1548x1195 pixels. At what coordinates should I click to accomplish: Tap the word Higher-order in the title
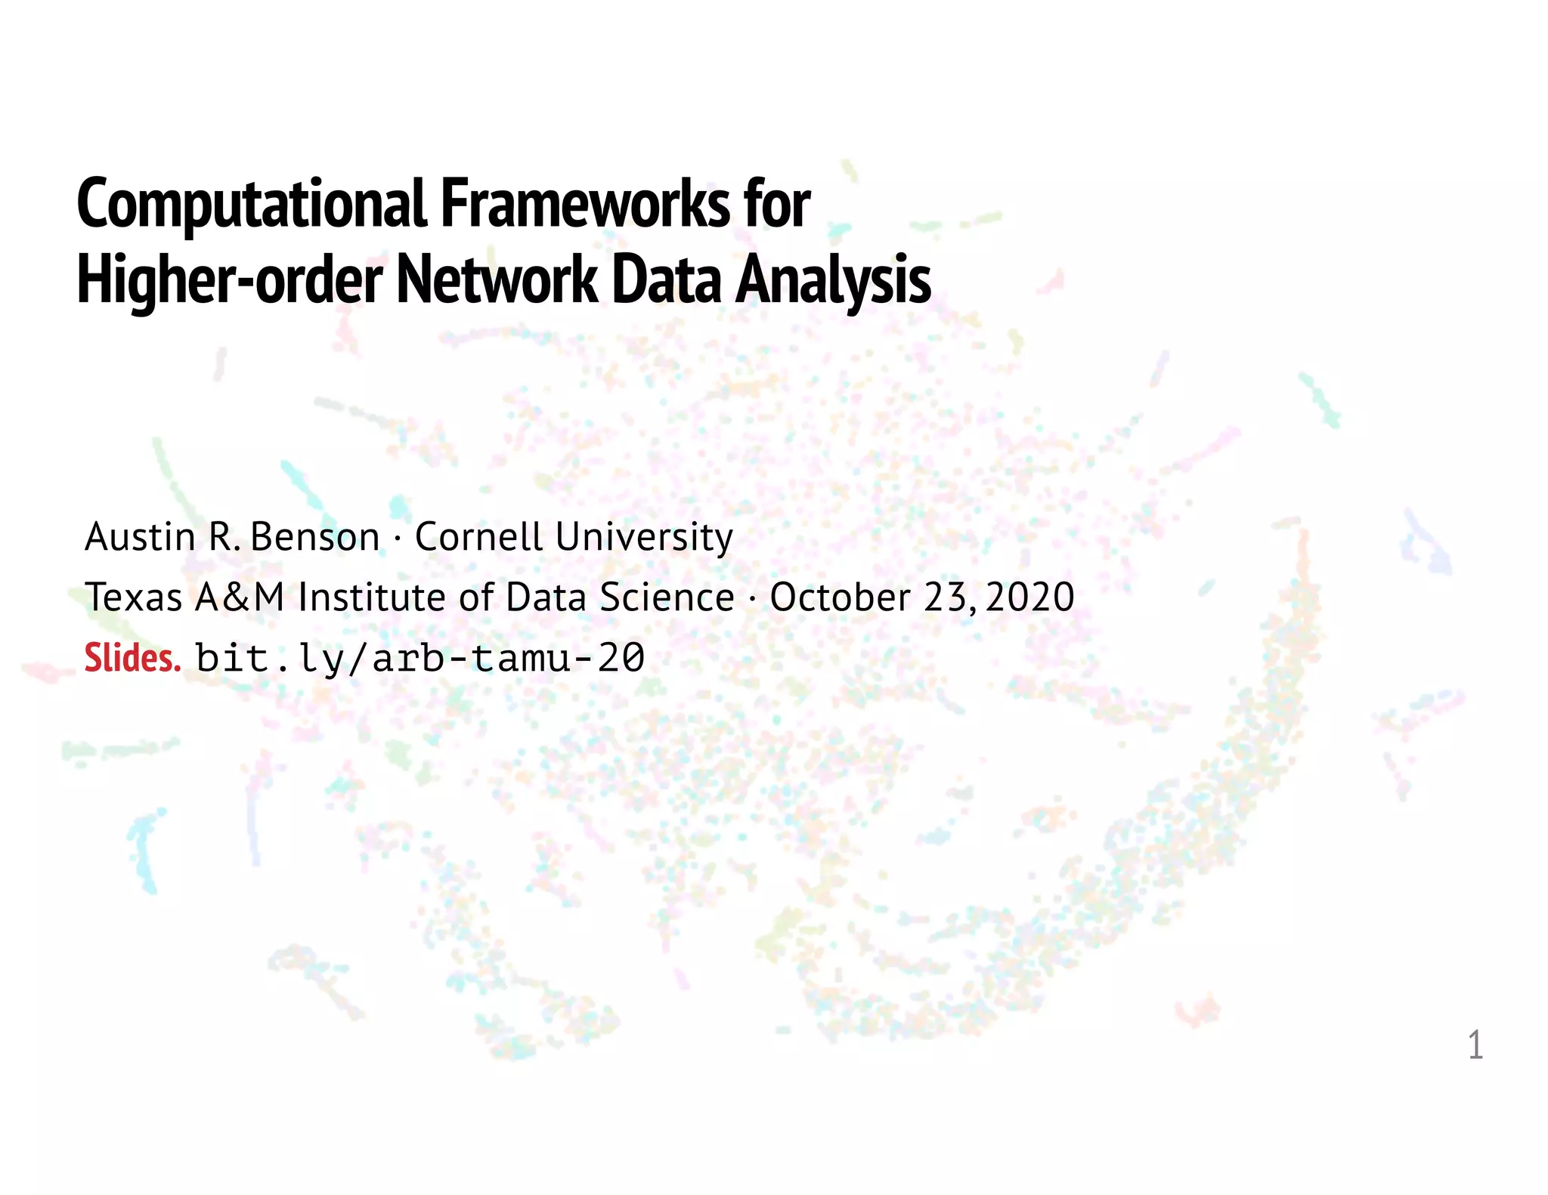click(x=230, y=281)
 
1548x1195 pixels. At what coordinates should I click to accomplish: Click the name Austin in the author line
click(x=140, y=537)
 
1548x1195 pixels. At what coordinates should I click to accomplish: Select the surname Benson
click(x=314, y=537)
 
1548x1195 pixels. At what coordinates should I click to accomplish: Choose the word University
click(x=644, y=539)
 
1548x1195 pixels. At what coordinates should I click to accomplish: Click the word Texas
click(x=133, y=597)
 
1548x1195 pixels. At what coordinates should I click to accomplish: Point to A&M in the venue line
click(x=240, y=597)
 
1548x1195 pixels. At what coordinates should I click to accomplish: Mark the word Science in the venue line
click(x=667, y=597)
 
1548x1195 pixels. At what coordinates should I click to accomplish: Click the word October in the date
click(x=840, y=597)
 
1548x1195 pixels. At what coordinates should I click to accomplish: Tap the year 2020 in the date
click(x=1029, y=597)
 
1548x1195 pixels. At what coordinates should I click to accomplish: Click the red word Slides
click(x=132, y=658)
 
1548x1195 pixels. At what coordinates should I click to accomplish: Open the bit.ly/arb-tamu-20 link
click(x=420, y=658)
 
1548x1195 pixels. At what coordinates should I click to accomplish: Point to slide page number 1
click(x=1475, y=1045)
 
